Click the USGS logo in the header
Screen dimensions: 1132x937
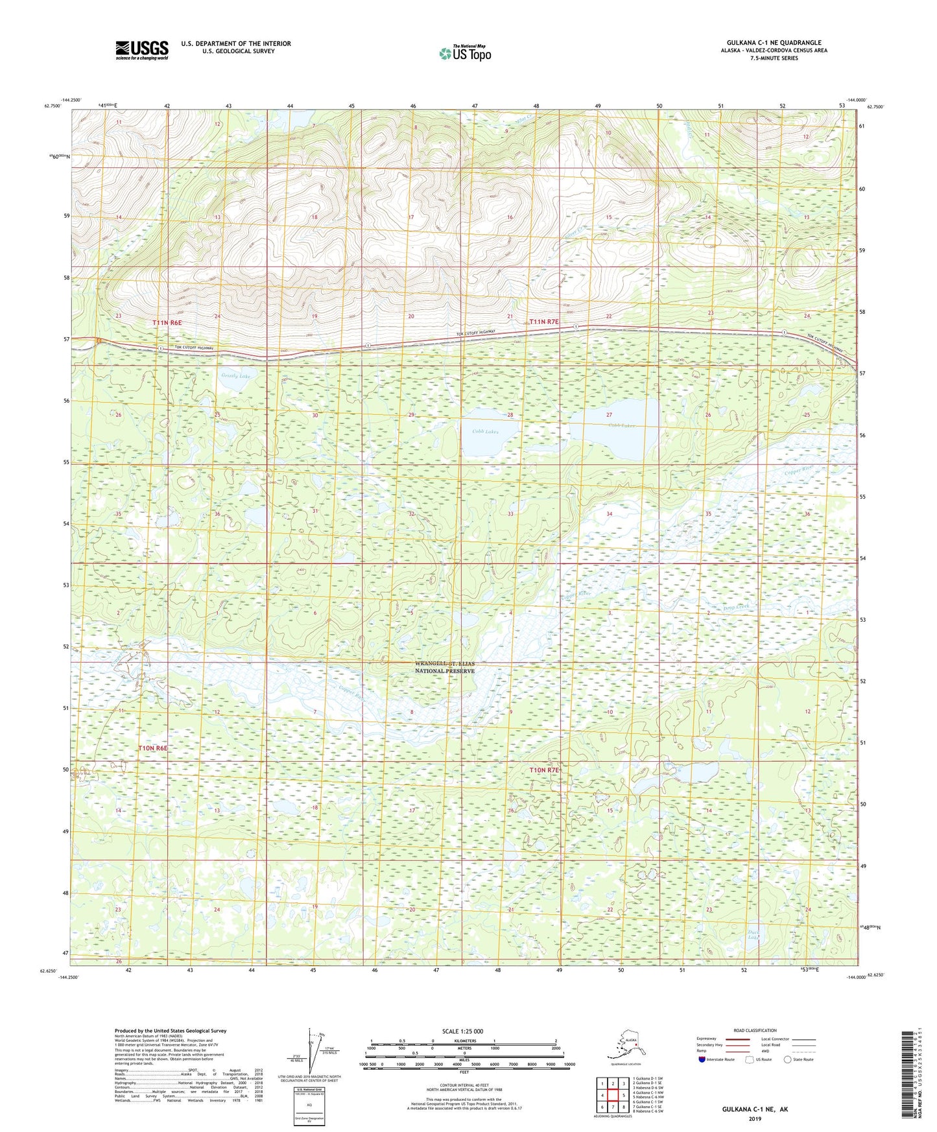pyautogui.click(x=141, y=50)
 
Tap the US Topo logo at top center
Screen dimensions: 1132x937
pyautogui.click(x=464, y=53)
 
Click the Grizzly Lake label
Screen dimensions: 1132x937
pyautogui.click(x=235, y=376)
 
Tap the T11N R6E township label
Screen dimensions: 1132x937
pyautogui.click(x=167, y=322)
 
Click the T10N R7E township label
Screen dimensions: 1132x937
pyautogui.click(x=544, y=770)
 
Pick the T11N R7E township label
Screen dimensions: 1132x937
pyautogui.click(x=544, y=322)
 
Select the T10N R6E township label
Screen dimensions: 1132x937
pyautogui.click(x=153, y=748)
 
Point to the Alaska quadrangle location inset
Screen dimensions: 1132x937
pyautogui.click(x=625, y=1045)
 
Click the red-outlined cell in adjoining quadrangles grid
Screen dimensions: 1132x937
pyautogui.click(x=613, y=1096)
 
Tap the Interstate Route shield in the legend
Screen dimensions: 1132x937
pyautogui.click(x=703, y=1059)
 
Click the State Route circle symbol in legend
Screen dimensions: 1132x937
pyautogui.click(x=788, y=1059)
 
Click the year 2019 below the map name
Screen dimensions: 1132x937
pyautogui.click(x=755, y=1119)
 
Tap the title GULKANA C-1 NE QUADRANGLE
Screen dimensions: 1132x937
pyautogui.click(x=774, y=43)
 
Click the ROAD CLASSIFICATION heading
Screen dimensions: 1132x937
pyautogui.click(x=755, y=1030)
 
